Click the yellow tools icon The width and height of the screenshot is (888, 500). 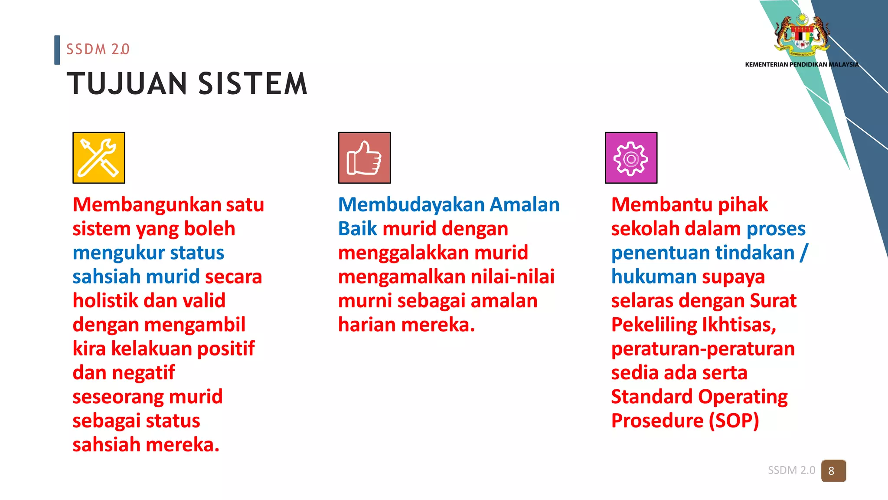click(99, 158)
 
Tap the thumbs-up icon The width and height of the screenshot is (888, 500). click(364, 158)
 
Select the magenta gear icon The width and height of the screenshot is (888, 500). click(631, 158)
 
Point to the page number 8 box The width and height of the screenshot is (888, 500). click(833, 470)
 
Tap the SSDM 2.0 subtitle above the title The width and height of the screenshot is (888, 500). click(98, 49)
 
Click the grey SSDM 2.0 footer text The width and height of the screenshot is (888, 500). click(791, 470)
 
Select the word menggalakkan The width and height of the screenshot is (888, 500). click(403, 253)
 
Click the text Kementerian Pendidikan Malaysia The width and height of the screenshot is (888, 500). click(801, 65)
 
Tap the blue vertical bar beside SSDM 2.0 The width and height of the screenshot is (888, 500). click(57, 50)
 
